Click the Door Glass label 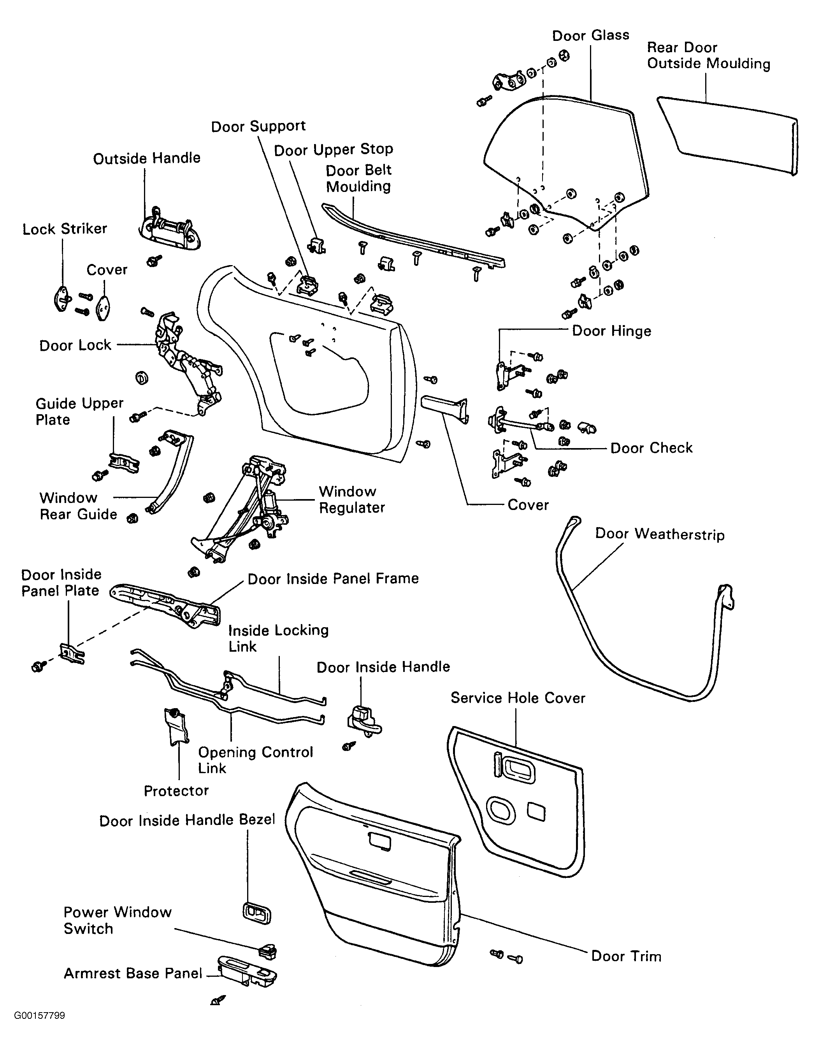coord(590,35)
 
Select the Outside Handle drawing coord(169,229)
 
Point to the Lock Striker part coord(62,299)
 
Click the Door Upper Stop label coord(334,150)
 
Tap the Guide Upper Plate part coord(124,462)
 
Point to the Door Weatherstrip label coord(660,534)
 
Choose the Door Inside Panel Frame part coord(168,605)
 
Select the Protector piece coord(176,726)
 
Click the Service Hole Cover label coord(518,698)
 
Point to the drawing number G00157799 coord(39,1015)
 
